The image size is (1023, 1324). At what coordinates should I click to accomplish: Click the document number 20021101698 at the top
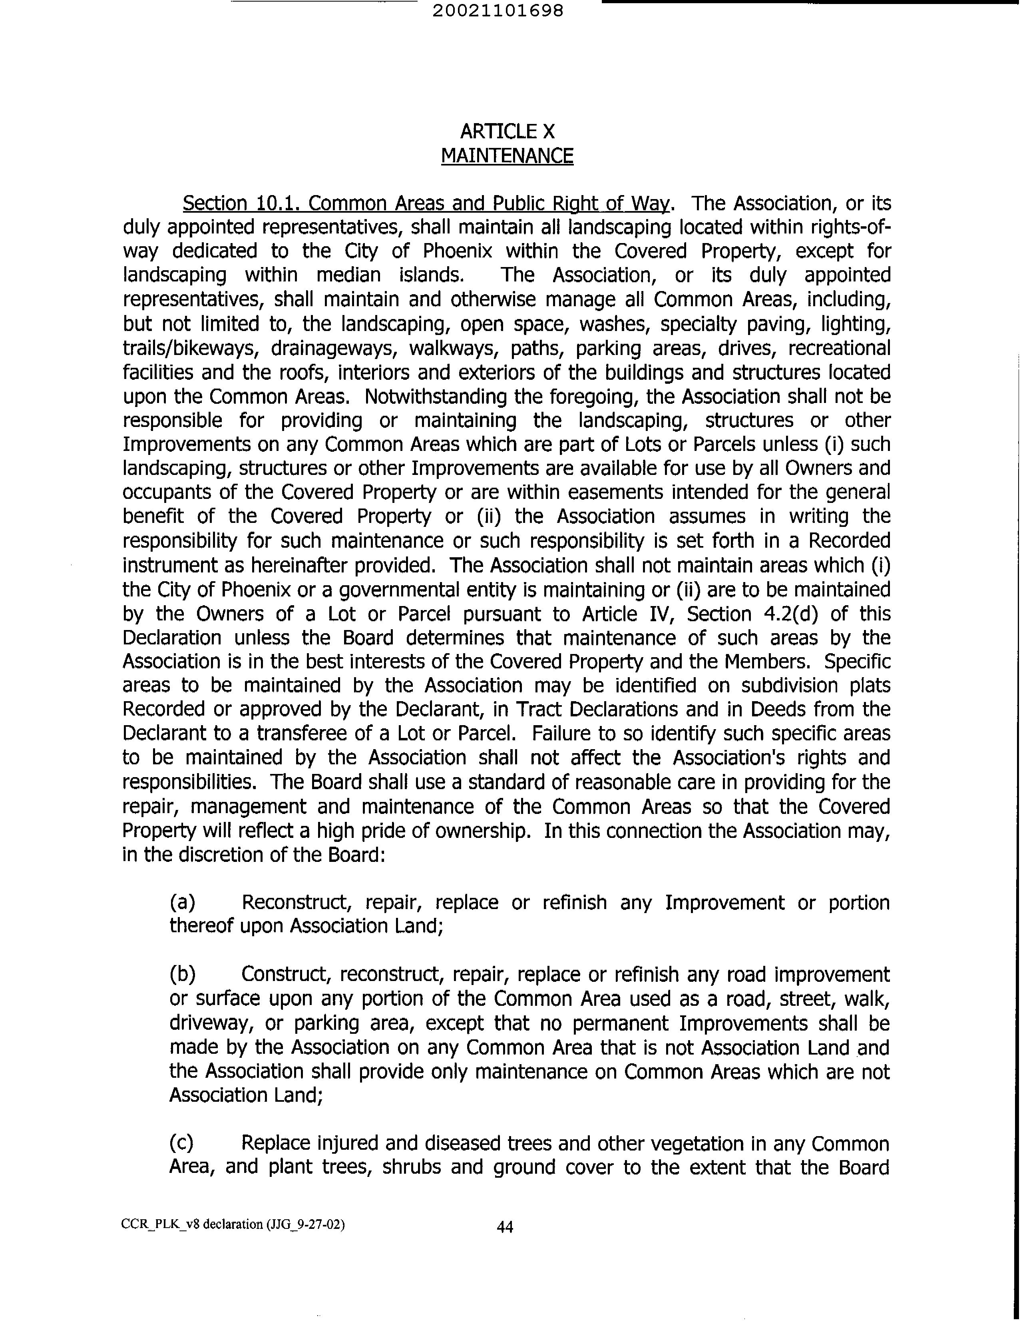(x=498, y=11)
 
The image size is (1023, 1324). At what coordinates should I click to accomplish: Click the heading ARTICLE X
(x=507, y=131)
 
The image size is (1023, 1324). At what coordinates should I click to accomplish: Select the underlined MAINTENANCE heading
(x=507, y=156)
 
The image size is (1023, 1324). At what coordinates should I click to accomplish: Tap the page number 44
(x=505, y=1227)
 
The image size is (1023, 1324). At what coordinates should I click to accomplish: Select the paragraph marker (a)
(x=182, y=902)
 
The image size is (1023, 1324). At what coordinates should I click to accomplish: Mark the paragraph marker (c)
(x=181, y=1143)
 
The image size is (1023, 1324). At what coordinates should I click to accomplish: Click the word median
(x=348, y=275)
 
